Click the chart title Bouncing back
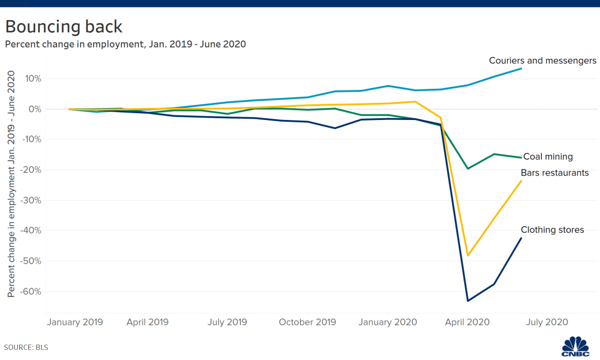[64, 26]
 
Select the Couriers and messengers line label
[542, 60]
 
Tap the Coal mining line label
[547, 157]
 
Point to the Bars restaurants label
[555, 173]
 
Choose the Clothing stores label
[552, 230]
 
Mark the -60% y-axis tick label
[30, 292]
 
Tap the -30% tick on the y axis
[30, 200]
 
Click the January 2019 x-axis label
[75, 322]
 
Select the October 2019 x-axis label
[307, 322]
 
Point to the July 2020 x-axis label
[547, 322]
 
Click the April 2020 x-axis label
[467, 322]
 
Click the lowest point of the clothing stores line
[468, 301]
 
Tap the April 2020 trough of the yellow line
[468, 255]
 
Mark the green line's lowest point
[468, 168]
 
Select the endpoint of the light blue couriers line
[521, 68]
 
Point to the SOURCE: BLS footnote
[26, 348]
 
